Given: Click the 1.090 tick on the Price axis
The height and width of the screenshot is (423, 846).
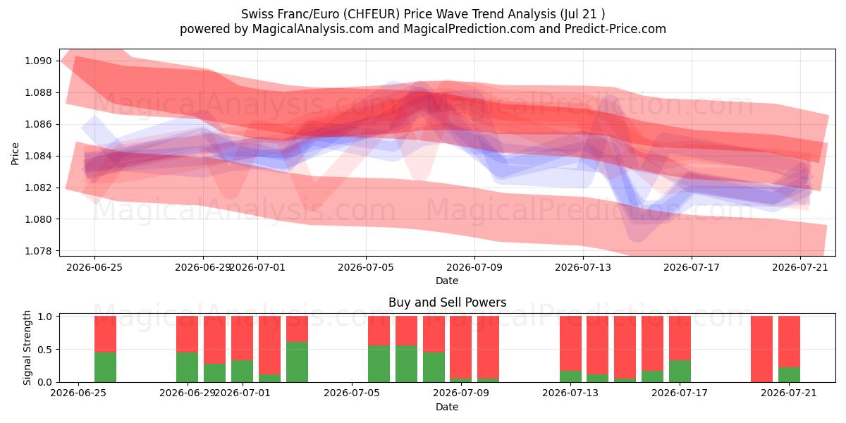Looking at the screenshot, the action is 37,61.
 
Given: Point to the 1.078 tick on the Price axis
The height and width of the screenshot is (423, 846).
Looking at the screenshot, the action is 37,251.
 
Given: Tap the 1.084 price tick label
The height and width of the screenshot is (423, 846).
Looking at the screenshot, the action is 37,156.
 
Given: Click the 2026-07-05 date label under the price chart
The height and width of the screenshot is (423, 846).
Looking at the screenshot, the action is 366,267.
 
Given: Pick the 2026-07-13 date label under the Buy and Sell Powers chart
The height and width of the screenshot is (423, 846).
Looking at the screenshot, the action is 570,393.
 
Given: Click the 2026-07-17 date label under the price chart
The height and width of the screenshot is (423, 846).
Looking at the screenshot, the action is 692,267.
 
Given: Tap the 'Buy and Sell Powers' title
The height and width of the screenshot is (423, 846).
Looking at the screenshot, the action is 447,302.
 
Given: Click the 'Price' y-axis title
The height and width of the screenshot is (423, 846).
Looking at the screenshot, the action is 15,154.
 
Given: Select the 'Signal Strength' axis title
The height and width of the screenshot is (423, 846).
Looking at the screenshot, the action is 27,348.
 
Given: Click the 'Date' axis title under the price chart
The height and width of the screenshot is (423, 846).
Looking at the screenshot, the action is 447,281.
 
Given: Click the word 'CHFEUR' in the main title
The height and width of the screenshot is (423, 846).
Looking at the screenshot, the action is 373,14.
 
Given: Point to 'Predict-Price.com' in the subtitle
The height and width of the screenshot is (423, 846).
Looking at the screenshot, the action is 615,29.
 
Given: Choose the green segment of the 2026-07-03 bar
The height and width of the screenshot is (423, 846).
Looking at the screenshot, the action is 297,362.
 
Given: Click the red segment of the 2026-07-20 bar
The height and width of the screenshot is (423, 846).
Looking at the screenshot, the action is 761,349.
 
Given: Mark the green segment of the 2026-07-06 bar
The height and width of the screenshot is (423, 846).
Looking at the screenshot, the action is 379,364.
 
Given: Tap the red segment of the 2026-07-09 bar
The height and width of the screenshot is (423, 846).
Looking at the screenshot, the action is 461,348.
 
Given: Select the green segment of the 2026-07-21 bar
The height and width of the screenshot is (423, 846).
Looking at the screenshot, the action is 789,374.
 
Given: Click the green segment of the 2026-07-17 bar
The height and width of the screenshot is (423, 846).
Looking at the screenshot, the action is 680,372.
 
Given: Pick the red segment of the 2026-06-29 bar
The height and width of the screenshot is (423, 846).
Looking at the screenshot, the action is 187,334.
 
